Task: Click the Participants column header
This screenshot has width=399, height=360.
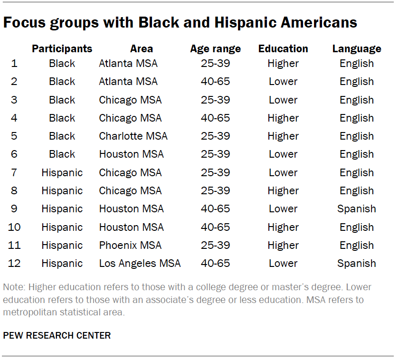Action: click(x=62, y=48)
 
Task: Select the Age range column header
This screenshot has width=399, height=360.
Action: click(x=215, y=48)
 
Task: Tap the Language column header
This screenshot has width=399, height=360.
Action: click(x=356, y=48)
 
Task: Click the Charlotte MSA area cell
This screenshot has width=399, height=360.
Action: click(x=133, y=136)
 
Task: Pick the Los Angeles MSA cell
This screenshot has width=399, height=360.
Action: click(x=140, y=263)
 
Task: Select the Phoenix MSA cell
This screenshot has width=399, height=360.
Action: click(x=130, y=245)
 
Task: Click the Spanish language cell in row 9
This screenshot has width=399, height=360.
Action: click(x=356, y=209)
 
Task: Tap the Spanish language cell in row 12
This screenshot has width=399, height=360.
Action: click(x=356, y=263)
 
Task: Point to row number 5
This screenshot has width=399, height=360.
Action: click(x=14, y=136)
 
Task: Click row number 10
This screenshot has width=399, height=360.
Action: click(x=14, y=227)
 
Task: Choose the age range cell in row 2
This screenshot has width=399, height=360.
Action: click(x=215, y=82)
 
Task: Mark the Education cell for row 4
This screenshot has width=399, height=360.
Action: click(x=283, y=118)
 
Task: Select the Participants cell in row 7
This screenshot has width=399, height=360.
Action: click(x=62, y=172)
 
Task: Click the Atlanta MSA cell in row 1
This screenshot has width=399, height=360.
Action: click(x=128, y=64)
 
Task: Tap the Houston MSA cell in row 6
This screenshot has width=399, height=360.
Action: click(x=131, y=154)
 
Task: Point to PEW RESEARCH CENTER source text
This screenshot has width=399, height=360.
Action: click(x=57, y=335)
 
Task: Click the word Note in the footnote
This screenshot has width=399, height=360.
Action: click(x=13, y=288)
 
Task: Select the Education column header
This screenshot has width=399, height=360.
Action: click(x=283, y=48)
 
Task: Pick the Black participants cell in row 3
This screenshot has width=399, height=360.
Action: click(x=62, y=100)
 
